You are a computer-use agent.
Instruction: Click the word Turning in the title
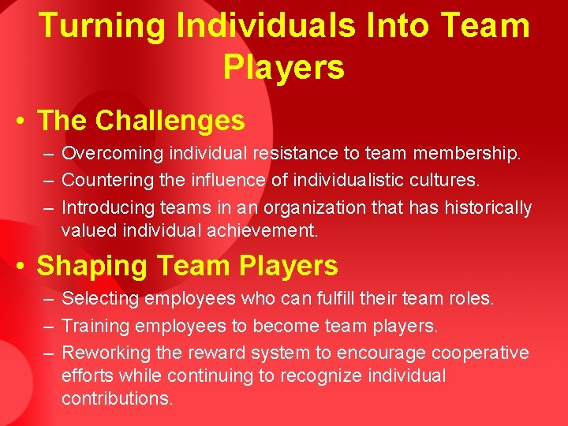pos(102,25)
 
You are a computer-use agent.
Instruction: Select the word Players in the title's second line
pos(284,67)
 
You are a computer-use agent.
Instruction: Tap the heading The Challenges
pos(141,121)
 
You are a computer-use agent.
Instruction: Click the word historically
pos(487,207)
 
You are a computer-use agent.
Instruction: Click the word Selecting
pos(100,298)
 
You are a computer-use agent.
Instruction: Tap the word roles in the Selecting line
pos(472,298)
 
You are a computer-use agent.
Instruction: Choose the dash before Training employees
pos(49,326)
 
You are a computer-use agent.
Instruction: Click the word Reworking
pos(105,353)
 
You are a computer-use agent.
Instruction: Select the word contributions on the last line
pos(116,398)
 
